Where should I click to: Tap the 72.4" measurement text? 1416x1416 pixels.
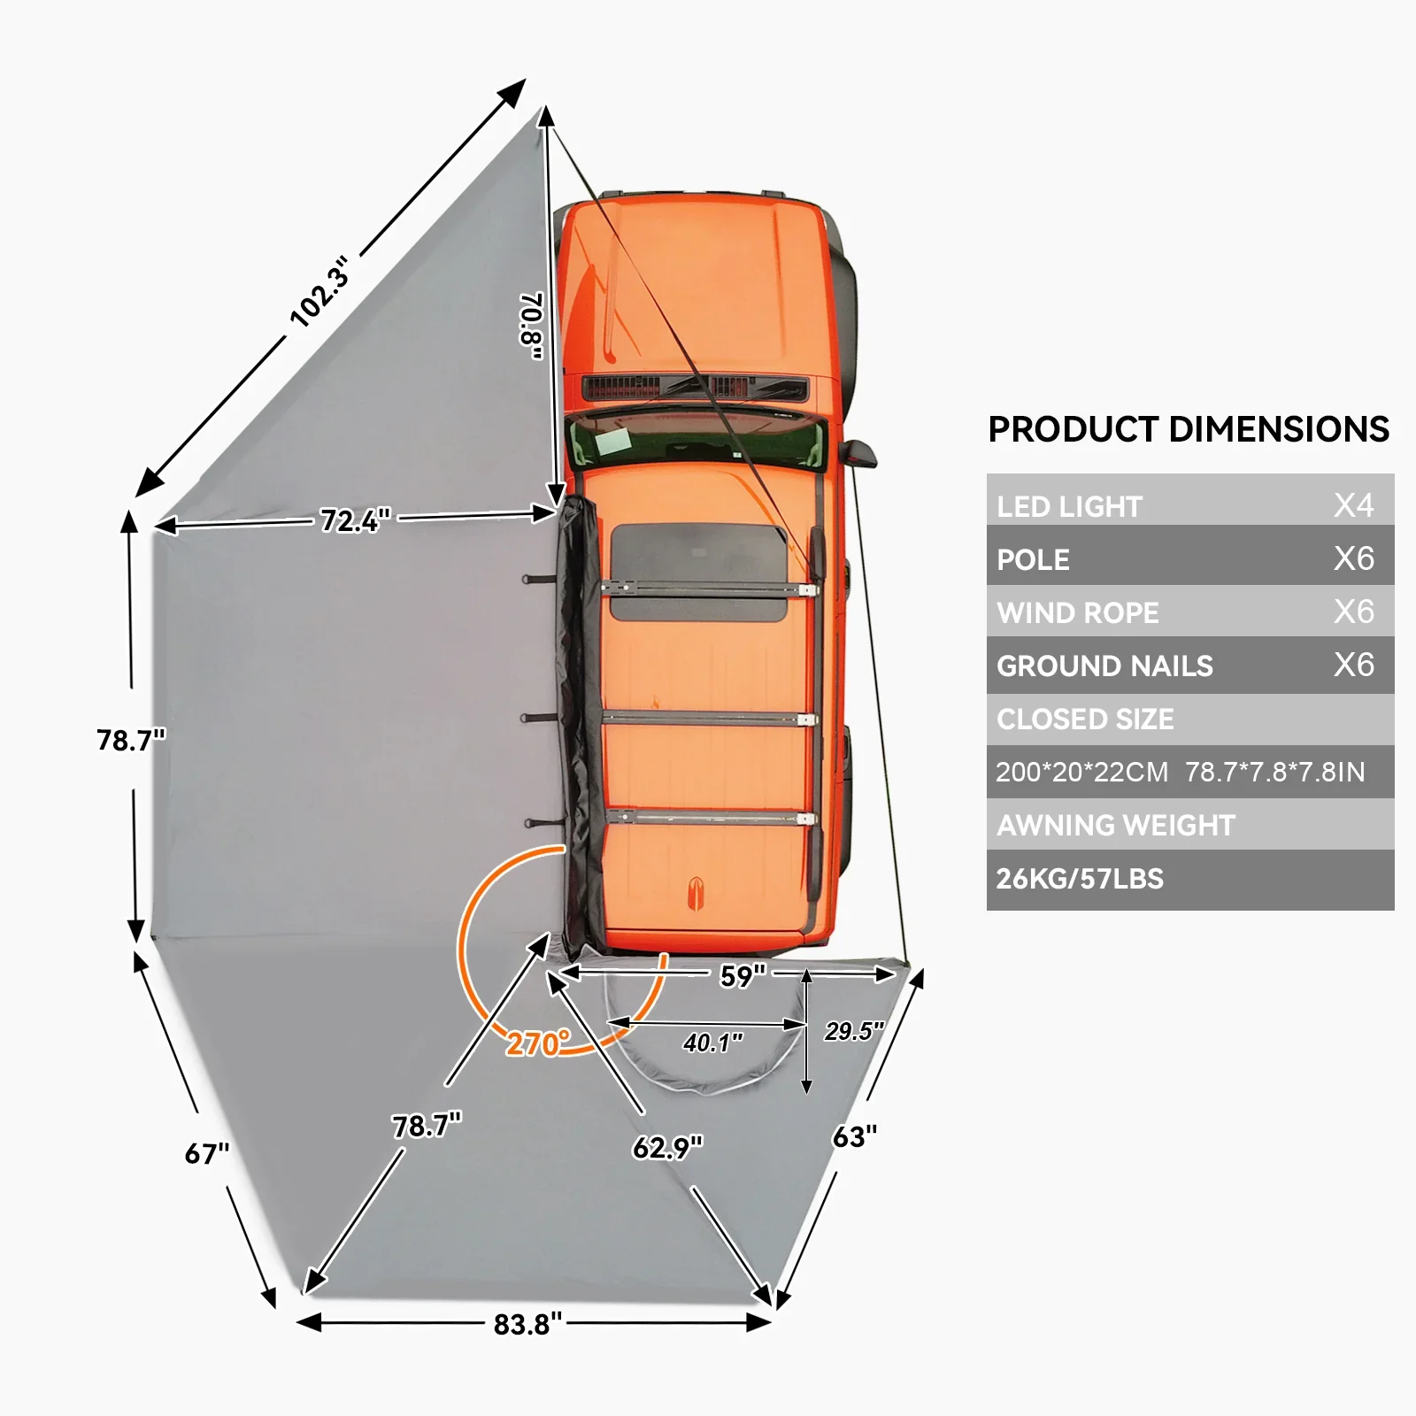355,520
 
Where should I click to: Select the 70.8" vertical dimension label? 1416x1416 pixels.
531,326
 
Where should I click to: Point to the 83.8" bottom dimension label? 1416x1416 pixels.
527,1324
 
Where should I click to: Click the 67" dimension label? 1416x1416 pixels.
206,1154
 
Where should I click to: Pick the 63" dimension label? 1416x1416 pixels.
855,1136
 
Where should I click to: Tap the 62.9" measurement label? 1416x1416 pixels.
667,1148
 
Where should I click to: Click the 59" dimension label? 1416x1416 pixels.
742,976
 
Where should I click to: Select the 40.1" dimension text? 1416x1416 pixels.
712,1043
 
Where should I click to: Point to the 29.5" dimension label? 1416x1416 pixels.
854,1031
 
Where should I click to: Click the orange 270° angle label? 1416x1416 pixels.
538,1043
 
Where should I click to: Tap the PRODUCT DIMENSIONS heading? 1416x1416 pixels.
1189,429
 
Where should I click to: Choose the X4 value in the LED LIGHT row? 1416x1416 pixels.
1353,505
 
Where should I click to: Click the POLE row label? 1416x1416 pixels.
1033,559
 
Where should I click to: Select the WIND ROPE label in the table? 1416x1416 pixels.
1077,612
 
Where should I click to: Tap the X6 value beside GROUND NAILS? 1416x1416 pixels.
1353,665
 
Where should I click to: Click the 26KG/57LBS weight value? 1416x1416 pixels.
1080,879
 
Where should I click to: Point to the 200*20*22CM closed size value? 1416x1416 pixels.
1081,772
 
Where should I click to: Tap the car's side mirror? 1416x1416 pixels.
860,453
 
